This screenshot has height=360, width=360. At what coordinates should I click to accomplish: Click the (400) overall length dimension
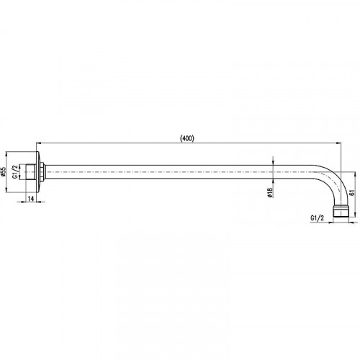coord(187,138)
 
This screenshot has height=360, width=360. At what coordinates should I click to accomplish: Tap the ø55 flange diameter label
coord(3,172)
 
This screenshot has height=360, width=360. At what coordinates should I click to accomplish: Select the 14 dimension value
coord(31,199)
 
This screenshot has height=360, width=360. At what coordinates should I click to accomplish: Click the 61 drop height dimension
coord(352,193)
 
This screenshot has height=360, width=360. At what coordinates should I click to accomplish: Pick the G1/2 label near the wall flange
coord(15,172)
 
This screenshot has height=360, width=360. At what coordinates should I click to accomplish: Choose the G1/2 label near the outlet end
coord(317,218)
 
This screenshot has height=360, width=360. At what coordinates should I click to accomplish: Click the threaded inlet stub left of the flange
coord(30,172)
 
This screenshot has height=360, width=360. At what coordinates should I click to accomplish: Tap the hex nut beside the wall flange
coord(42,172)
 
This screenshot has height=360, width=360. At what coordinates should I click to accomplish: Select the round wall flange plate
coord(38,172)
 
